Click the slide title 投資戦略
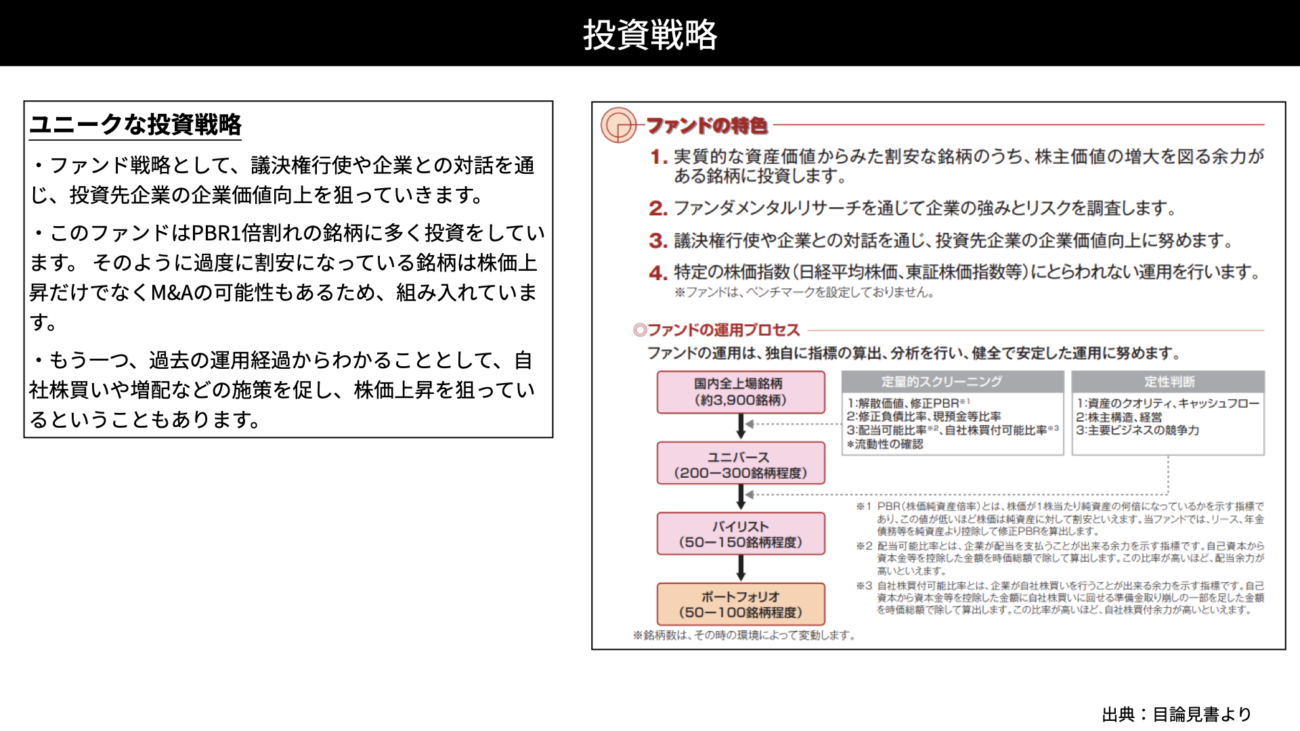coord(650,34)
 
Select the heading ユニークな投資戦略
coord(135,125)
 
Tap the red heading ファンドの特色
coord(707,125)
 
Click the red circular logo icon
coord(618,125)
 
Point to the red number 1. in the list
coord(659,157)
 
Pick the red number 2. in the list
coord(658,208)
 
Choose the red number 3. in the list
coord(658,241)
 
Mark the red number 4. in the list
coord(658,273)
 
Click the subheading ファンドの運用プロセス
coord(716,330)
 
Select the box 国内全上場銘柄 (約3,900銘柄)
coord(741,392)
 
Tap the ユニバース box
coord(741,464)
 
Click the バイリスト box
coord(741,534)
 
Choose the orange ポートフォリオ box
coord(741,604)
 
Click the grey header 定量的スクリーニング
coord(953,382)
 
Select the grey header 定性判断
coord(1168,382)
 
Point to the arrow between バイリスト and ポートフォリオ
coord(741,569)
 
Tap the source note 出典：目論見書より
coord(1177,714)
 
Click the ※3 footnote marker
coord(864,585)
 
